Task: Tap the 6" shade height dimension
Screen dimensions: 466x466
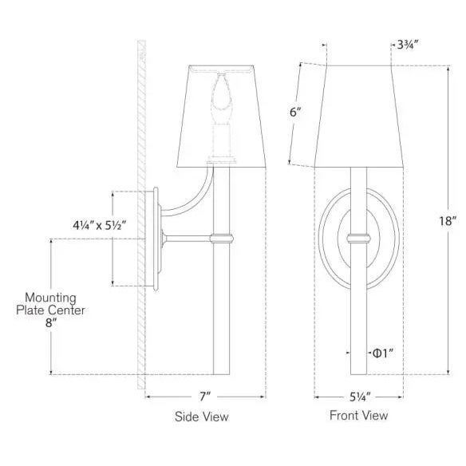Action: click(x=295, y=113)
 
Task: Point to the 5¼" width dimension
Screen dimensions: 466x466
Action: click(x=358, y=395)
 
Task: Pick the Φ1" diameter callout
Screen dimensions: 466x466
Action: click(x=382, y=352)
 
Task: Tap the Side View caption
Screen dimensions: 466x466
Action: click(x=201, y=416)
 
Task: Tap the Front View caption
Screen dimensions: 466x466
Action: click(x=358, y=415)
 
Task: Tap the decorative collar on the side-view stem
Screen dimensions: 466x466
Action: click(x=220, y=237)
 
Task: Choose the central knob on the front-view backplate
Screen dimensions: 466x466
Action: click(x=358, y=237)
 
